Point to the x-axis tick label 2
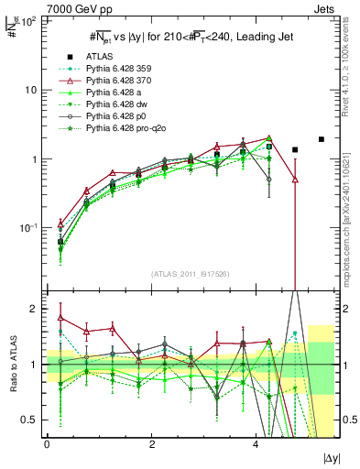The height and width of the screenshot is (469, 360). click(139, 444)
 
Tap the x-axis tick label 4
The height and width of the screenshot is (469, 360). click(231, 444)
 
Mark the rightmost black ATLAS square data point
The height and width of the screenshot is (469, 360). click(321, 139)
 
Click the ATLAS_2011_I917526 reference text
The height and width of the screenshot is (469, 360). click(184, 274)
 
